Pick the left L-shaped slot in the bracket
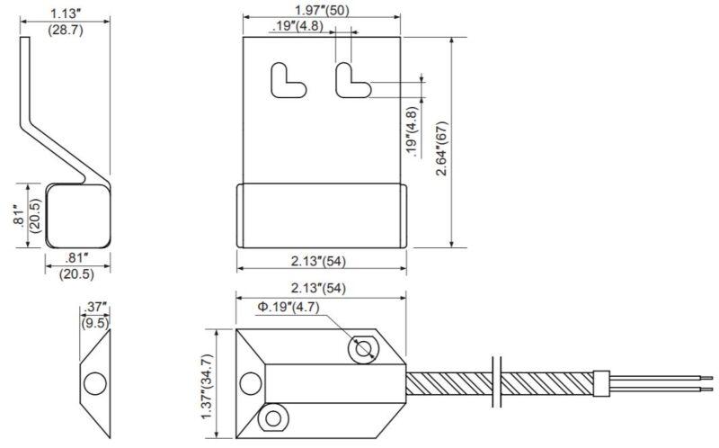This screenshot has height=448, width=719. [286, 78]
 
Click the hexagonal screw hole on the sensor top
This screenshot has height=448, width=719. [364, 349]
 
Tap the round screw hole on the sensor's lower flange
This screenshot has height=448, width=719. [271, 416]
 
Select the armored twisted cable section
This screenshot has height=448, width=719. [449, 382]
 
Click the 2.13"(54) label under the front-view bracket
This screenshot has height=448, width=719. [321, 262]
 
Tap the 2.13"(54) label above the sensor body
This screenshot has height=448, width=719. [321, 288]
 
